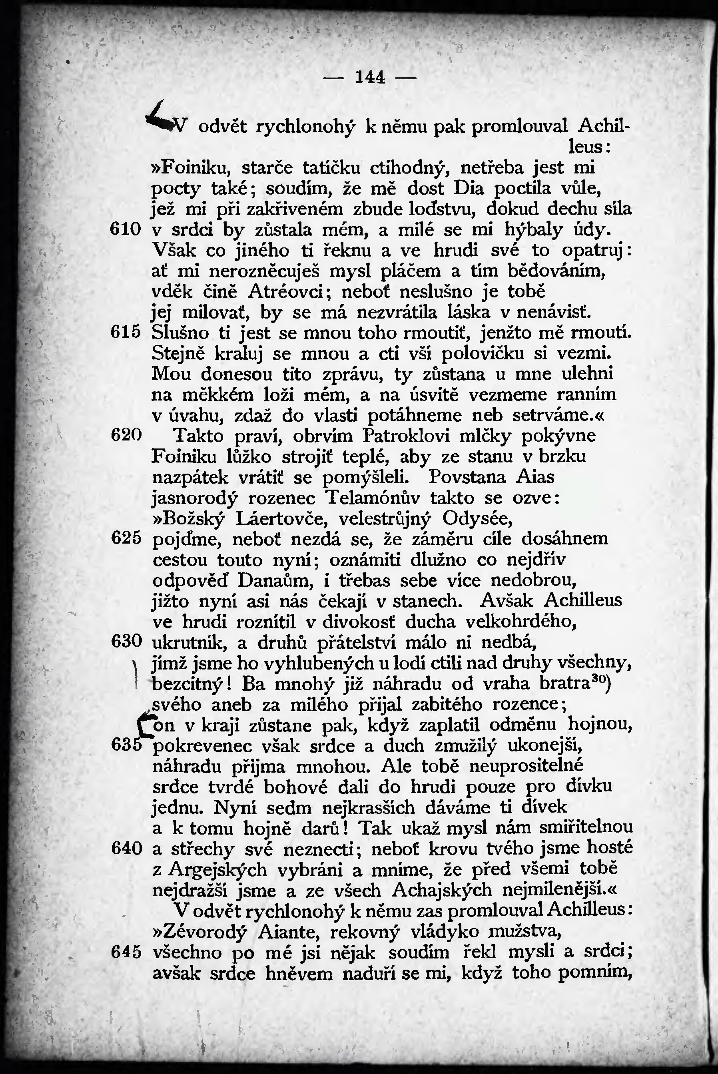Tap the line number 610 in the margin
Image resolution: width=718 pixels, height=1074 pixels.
(x=126, y=229)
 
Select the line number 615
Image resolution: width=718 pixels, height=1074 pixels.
(x=126, y=333)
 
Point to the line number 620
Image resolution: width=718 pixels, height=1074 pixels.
(x=126, y=435)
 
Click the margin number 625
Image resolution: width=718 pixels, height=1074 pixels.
(x=126, y=538)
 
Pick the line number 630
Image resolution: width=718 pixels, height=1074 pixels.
(x=126, y=642)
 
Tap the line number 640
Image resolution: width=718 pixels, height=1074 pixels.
(x=126, y=848)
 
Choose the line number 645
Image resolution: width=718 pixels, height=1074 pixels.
(x=126, y=952)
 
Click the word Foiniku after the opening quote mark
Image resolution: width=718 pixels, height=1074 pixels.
(x=194, y=167)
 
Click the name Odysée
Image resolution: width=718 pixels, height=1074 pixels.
(x=477, y=518)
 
